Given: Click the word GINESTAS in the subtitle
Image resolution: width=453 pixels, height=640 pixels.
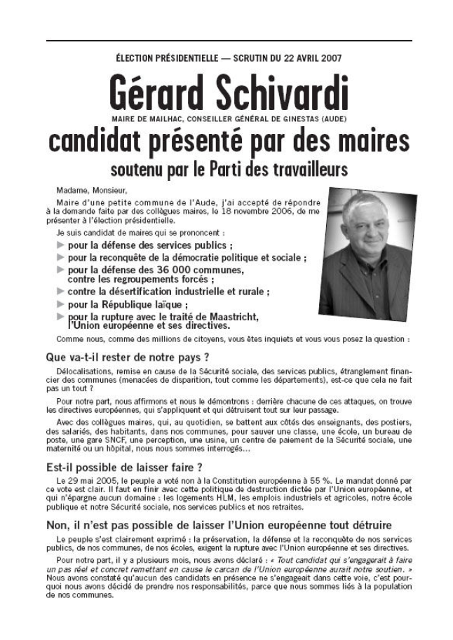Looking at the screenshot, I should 289,119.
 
